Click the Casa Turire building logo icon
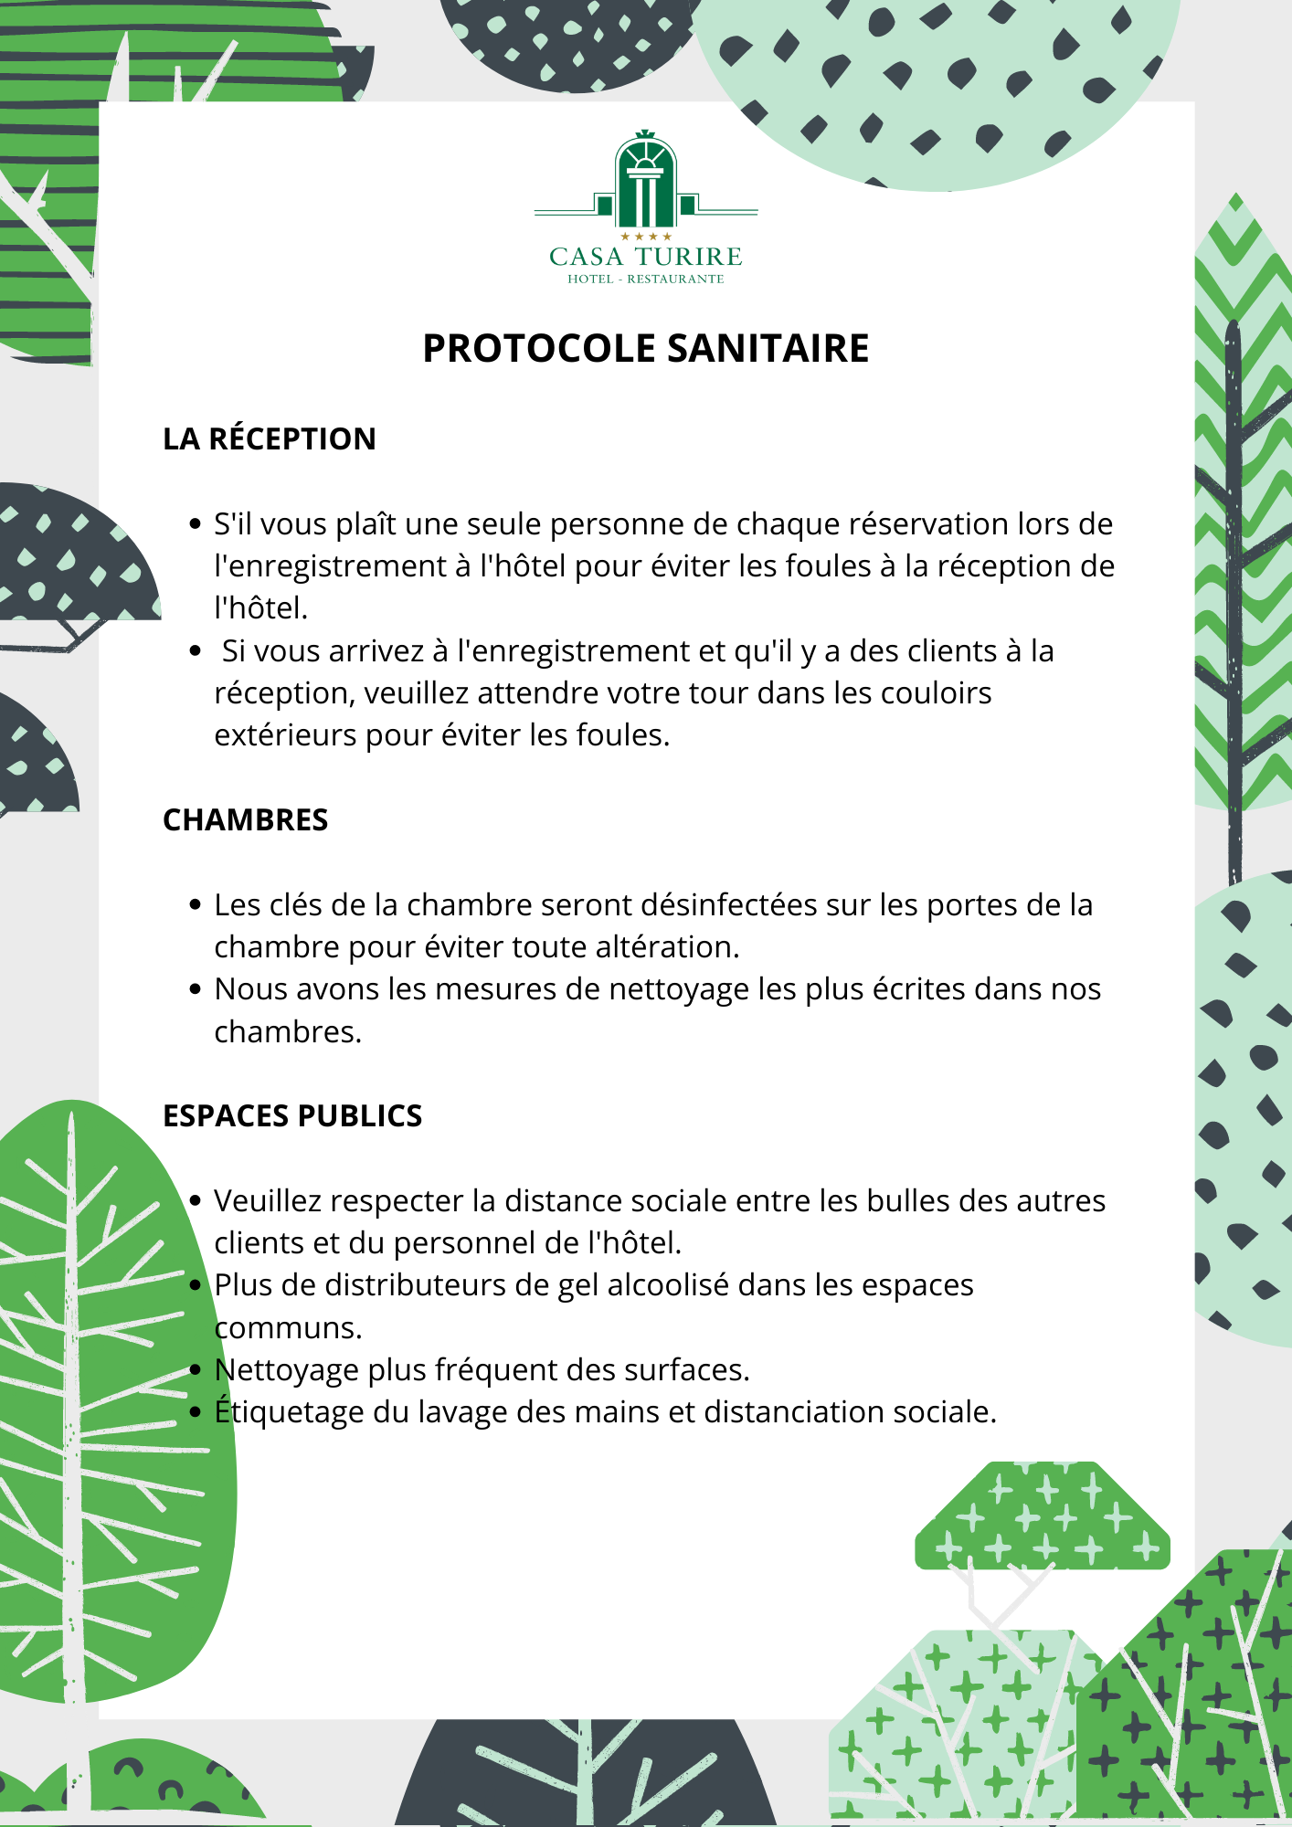point(646,181)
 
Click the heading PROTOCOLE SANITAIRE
point(646,348)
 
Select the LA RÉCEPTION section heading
point(270,438)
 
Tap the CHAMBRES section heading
point(245,819)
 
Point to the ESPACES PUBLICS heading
point(292,1115)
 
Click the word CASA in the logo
point(587,257)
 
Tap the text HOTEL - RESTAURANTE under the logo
point(646,279)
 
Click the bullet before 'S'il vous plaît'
point(195,524)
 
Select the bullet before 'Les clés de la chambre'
point(195,905)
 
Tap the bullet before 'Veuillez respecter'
point(195,1201)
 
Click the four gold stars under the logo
point(646,237)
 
